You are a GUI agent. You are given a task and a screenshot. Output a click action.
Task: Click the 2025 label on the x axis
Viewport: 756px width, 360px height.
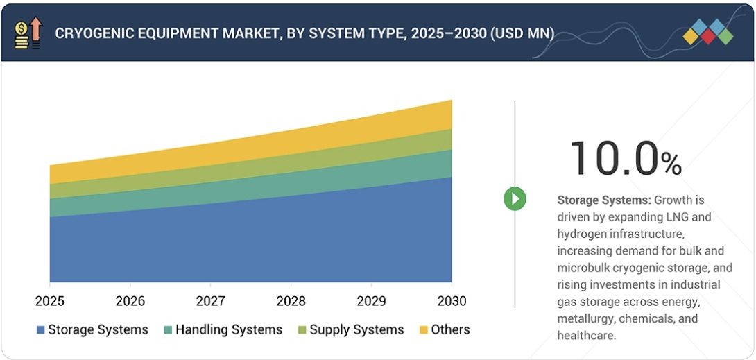pos(50,301)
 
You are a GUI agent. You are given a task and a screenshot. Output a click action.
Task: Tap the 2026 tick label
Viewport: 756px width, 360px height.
pos(130,301)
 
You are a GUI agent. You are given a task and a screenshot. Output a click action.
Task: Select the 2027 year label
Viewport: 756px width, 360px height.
pos(211,301)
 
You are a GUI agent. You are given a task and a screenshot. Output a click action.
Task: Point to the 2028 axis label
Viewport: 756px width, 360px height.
pos(291,301)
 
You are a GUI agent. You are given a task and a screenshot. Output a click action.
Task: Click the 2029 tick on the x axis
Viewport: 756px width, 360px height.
pos(371,301)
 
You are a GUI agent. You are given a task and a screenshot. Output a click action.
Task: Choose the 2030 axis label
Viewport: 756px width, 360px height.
pos(452,301)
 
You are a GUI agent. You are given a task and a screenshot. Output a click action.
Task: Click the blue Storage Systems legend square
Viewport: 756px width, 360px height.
pos(41,330)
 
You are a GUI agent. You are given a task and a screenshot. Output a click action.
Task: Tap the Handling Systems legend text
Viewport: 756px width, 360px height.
pos(229,330)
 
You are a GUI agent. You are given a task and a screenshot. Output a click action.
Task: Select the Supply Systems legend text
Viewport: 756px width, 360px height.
pos(356,330)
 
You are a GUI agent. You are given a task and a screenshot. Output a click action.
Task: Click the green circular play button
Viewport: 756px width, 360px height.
pos(515,199)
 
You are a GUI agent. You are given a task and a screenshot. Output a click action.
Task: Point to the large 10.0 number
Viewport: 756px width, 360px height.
pos(612,158)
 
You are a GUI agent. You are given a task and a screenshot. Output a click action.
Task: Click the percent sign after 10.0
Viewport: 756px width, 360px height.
pos(671,164)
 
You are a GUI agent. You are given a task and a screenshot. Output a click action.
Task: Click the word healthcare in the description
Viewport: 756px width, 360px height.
pos(587,335)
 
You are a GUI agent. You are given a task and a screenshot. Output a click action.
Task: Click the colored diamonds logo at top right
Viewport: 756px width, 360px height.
pos(707,32)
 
